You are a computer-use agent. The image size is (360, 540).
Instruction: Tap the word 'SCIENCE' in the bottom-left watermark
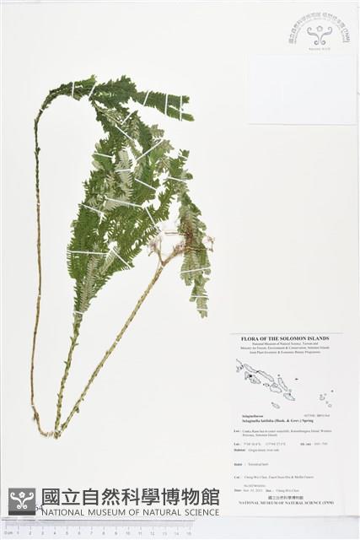(195, 512)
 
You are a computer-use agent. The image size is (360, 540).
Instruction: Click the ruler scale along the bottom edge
(110, 532)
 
